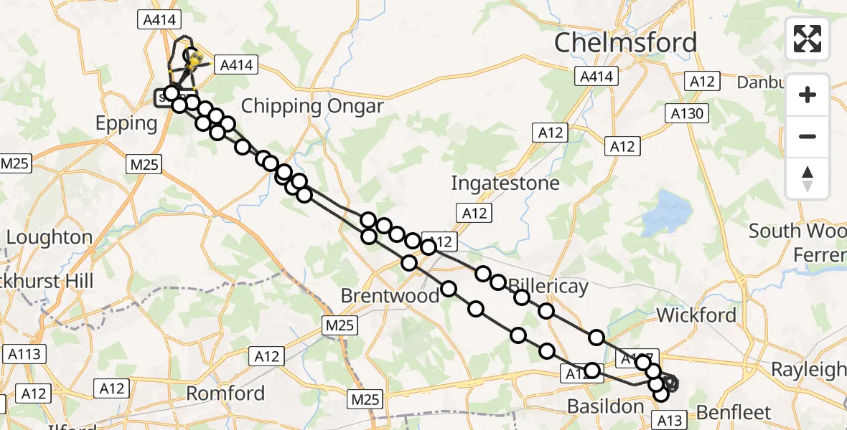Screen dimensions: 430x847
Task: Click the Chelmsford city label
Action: pos(625,43)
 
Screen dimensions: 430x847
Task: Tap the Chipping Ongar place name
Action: pos(312,107)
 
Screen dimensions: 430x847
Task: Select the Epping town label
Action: pos(126,123)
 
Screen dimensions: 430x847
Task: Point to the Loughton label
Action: pos(50,237)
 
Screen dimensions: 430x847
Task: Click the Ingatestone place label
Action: pos(505,183)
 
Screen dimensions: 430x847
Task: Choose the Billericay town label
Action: pos(548,287)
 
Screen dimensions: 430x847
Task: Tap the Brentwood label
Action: pos(390,295)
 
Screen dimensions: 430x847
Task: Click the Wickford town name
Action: pos(696,315)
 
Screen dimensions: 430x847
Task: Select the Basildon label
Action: pos(605,406)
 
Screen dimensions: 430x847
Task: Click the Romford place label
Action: pos(225,393)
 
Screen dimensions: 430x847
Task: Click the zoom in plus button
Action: pos(808,95)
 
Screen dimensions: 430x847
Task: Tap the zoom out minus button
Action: pos(808,136)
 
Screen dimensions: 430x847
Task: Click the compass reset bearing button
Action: pos(808,178)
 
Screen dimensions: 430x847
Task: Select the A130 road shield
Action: pos(688,113)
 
